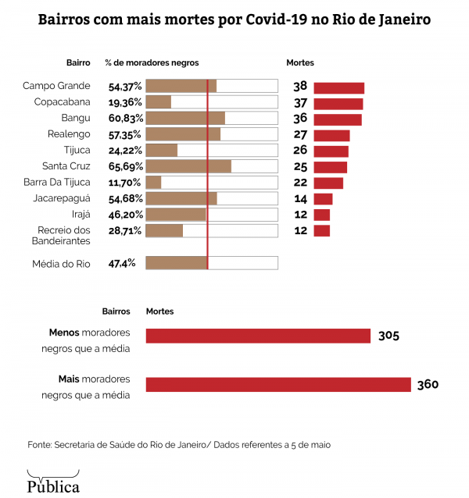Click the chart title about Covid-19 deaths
point(234,18)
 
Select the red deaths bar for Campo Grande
point(338,87)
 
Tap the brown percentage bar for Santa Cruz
point(188,166)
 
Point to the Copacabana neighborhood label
point(63,102)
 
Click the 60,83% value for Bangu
point(125,119)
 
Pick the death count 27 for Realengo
point(299,135)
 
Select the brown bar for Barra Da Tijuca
point(154,183)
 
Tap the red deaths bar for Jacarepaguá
point(323,199)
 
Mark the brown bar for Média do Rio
point(177,263)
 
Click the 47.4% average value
point(122,264)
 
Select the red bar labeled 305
point(258,336)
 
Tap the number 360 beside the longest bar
point(428,384)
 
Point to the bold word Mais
point(68,379)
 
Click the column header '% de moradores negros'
point(152,62)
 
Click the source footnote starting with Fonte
point(179,444)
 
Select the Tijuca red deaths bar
point(331,151)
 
